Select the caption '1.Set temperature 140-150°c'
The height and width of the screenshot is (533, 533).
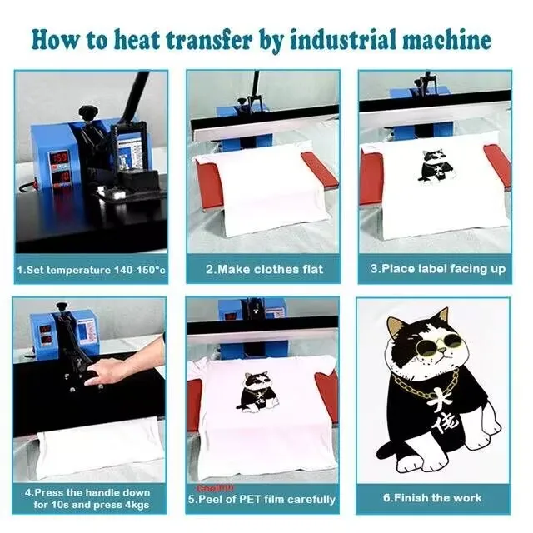(91, 270)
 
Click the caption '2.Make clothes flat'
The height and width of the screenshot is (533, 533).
(264, 270)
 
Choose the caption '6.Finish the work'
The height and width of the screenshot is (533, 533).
(432, 498)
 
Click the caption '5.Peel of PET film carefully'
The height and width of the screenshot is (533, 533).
(266, 500)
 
